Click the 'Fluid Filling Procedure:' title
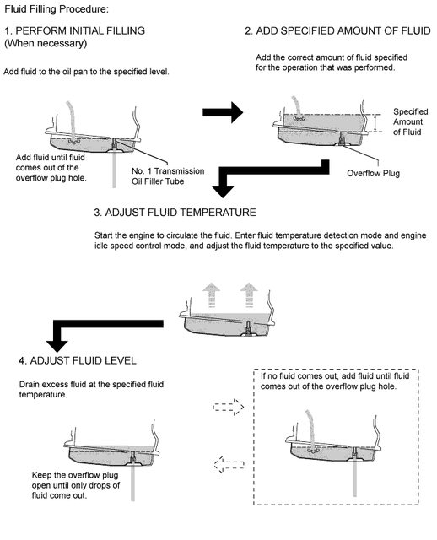(x=57, y=9)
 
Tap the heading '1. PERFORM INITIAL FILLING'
(x=75, y=30)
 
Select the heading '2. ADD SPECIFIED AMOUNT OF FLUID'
(x=337, y=30)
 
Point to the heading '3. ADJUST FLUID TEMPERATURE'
(x=175, y=212)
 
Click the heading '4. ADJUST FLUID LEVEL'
(x=78, y=360)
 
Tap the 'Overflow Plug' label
(x=373, y=173)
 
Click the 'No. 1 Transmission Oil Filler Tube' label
(x=168, y=176)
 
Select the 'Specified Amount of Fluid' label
(x=411, y=121)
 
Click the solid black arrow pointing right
(x=223, y=112)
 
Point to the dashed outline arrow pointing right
(x=229, y=407)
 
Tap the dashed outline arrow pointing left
(x=229, y=465)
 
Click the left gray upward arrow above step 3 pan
(x=212, y=294)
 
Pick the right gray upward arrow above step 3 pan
(x=249, y=294)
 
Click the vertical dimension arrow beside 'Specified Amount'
(x=375, y=123)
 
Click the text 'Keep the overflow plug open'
(x=75, y=480)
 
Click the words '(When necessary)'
(x=46, y=43)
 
